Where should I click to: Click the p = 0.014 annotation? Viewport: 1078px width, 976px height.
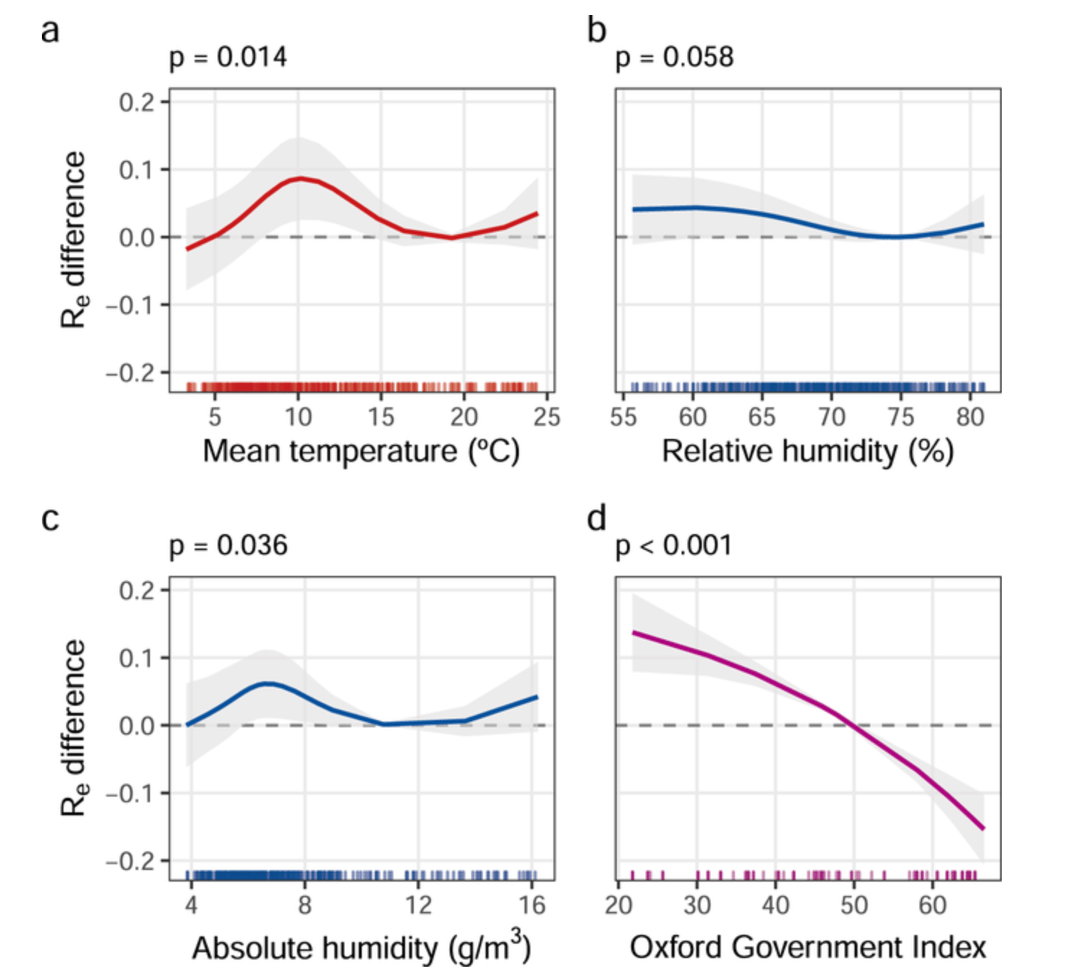click(x=228, y=57)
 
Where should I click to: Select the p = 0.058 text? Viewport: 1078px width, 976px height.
click(x=674, y=57)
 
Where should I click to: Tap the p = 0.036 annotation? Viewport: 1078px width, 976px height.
click(x=228, y=546)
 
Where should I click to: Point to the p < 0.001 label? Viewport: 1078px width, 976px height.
click(x=673, y=546)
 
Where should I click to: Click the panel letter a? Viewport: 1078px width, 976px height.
click(x=50, y=32)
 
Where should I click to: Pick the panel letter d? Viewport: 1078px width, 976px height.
click(x=597, y=519)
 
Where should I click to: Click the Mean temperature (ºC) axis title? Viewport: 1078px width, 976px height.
click(x=361, y=451)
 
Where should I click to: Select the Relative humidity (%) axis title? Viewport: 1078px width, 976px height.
click(x=807, y=451)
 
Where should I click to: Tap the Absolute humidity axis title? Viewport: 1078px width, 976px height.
click(x=361, y=947)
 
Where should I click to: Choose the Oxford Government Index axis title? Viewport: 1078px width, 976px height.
click(x=807, y=947)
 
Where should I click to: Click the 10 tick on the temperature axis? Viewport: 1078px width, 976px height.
click(x=298, y=417)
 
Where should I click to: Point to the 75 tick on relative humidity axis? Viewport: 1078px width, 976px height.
click(x=901, y=417)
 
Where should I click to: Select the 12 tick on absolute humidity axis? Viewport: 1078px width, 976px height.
click(x=418, y=905)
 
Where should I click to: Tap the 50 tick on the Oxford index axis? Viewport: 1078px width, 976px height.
click(x=854, y=905)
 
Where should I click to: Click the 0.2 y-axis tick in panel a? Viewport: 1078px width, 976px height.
click(x=137, y=102)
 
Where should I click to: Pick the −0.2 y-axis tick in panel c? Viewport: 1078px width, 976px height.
click(x=130, y=861)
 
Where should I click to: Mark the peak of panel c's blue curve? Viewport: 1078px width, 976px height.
click(x=267, y=683)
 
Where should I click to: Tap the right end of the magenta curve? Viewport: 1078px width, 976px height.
click(x=983, y=828)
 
